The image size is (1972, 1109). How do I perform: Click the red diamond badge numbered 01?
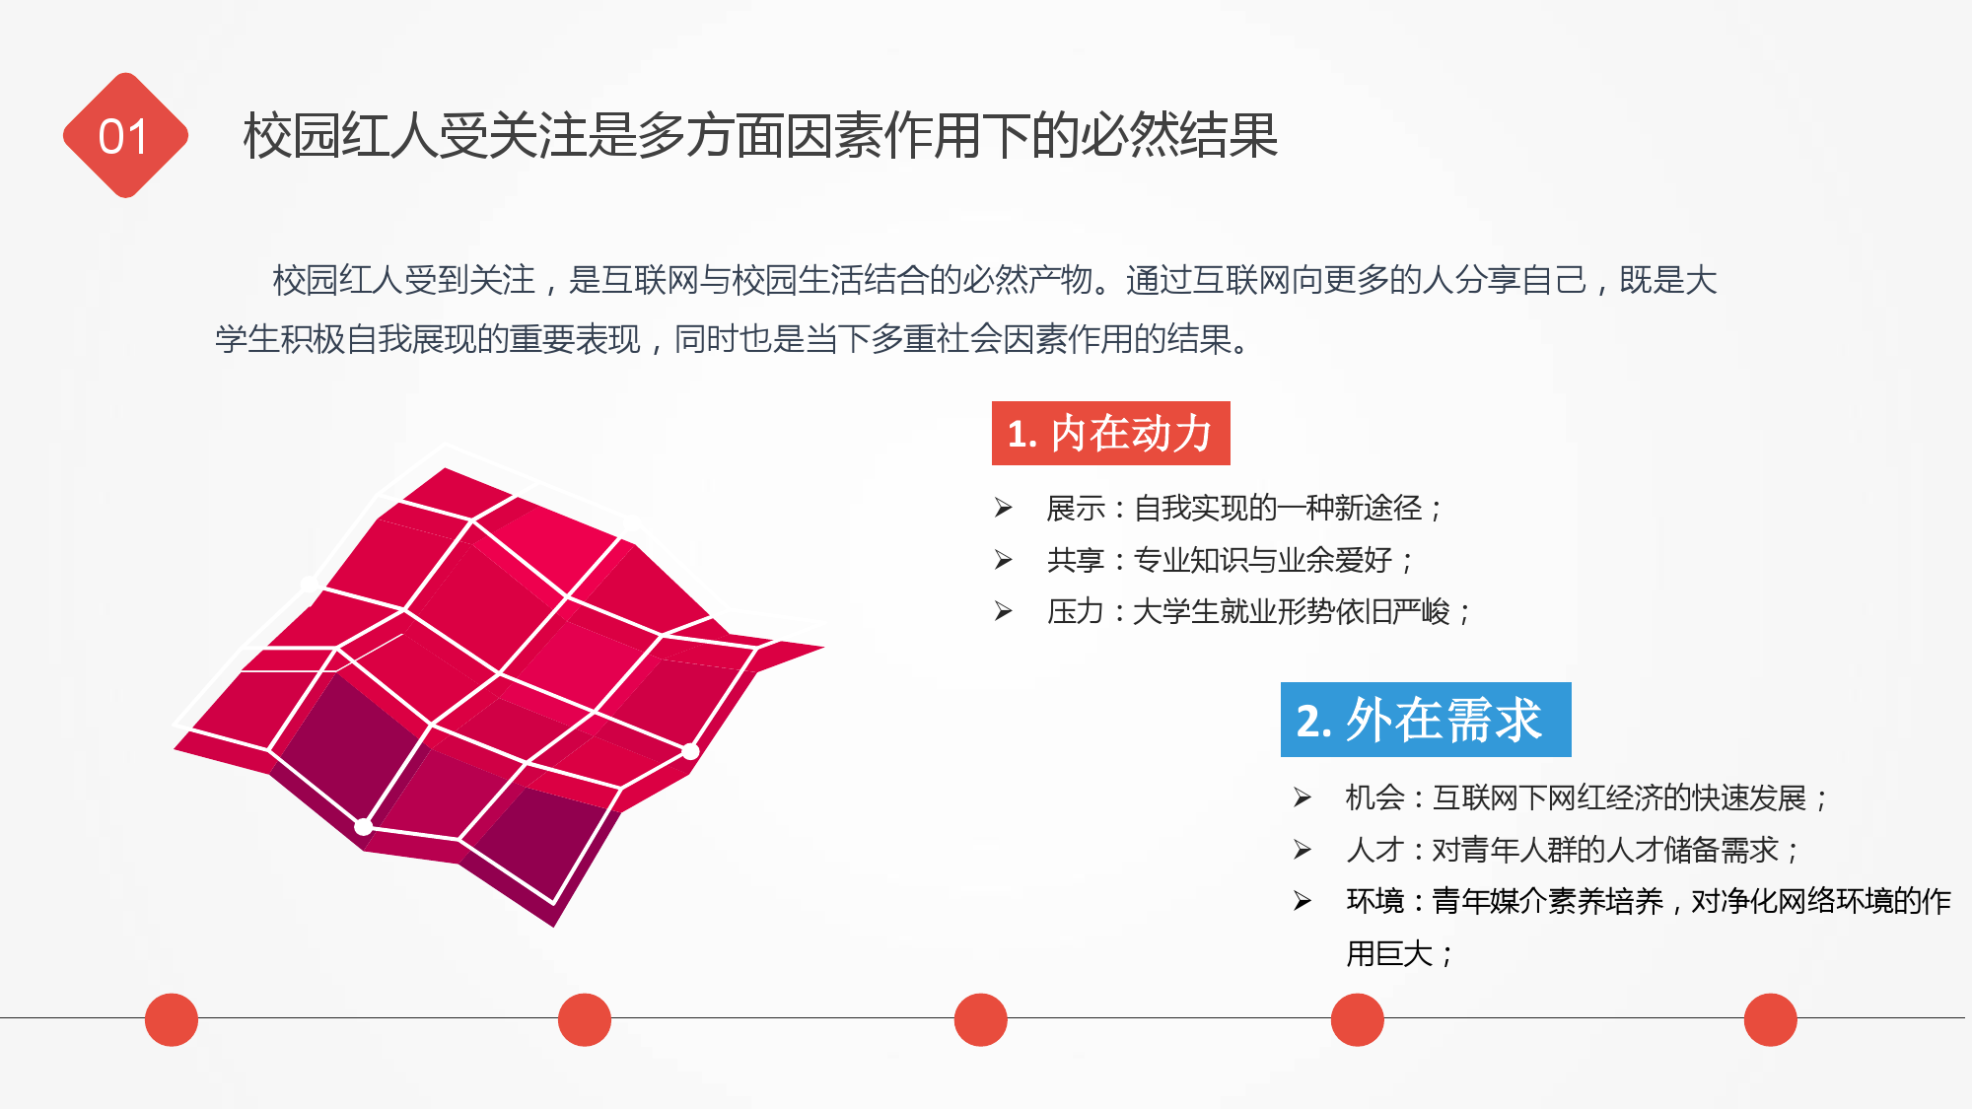125,135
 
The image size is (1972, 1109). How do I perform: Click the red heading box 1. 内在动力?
1110,433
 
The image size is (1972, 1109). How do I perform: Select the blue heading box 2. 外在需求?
1426,720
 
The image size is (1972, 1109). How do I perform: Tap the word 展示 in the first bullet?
1076,509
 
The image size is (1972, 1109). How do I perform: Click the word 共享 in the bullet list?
1076,560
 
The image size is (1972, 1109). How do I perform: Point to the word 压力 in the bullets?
1076,611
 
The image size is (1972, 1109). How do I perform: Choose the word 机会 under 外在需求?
1374,797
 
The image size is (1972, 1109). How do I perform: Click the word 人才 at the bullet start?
1374,849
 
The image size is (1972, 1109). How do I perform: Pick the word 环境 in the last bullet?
1374,901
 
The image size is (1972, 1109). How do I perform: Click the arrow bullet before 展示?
1004,508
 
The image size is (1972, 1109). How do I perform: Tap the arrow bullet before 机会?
1303,797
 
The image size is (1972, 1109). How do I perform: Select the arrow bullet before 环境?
1303,900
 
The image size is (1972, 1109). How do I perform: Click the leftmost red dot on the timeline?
172,1019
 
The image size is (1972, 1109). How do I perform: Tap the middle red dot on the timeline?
981,1019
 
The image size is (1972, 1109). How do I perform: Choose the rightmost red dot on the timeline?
1771,1019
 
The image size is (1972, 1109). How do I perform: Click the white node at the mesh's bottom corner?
364,826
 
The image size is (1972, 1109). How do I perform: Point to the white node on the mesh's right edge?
690,751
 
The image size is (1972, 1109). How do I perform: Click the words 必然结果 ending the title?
1179,135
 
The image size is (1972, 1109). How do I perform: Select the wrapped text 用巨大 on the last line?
1389,953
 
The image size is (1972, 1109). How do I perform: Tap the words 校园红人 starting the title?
341,135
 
